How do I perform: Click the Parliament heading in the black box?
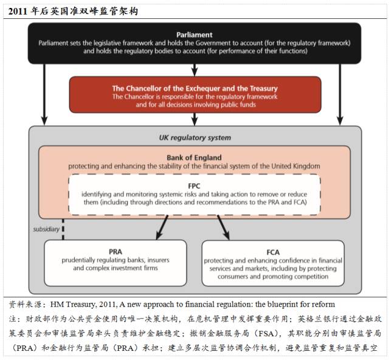pyautogui.click(x=195, y=35)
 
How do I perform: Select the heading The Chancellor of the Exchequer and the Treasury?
pyautogui.click(x=195, y=88)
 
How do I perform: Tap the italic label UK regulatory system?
pyautogui.click(x=194, y=137)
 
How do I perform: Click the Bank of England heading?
pyautogui.click(x=194, y=157)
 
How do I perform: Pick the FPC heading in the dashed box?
pyautogui.click(x=194, y=185)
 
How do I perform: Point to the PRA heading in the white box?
pyautogui.click(x=115, y=251)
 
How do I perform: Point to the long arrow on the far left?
pyautogui.click(x=44, y=91)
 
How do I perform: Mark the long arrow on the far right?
pyautogui.click(x=340, y=91)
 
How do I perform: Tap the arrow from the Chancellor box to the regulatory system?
pyautogui.click(x=194, y=119)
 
